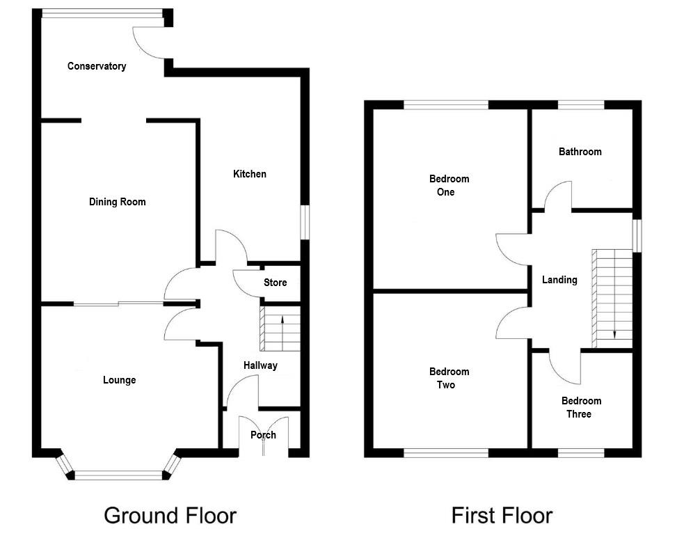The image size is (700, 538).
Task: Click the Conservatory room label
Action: point(97,66)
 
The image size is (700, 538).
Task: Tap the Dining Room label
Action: point(118,202)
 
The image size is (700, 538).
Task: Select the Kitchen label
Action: point(249,174)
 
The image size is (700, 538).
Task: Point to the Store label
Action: point(275,283)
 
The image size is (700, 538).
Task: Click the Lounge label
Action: point(119,380)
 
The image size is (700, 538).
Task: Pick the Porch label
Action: point(263,435)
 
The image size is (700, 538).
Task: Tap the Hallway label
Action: point(260,365)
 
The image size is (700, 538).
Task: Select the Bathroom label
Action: point(580,152)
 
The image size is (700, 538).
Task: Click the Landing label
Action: point(559,280)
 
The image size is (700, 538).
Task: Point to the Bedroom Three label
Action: point(581,407)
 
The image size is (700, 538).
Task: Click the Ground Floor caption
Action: point(170,516)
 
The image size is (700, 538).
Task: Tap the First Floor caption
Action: point(502,516)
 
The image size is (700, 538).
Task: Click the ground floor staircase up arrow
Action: point(283,321)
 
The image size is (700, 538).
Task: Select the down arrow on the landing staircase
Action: point(614,333)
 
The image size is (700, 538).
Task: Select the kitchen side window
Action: point(303,223)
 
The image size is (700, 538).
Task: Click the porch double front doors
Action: point(263,435)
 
